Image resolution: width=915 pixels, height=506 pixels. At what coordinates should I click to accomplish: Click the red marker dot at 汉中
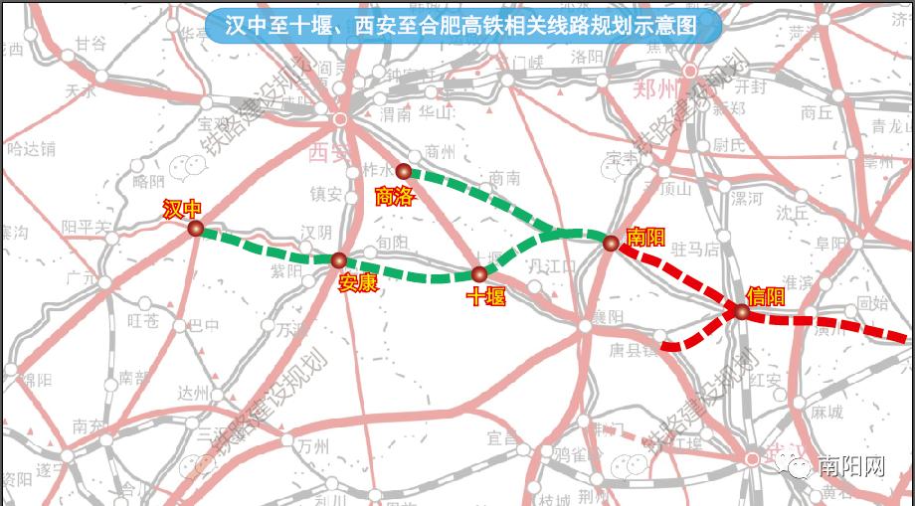(x=196, y=230)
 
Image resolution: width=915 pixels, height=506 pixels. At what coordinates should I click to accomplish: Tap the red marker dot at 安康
(x=338, y=260)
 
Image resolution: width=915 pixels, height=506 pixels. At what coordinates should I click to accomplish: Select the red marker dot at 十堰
(x=479, y=274)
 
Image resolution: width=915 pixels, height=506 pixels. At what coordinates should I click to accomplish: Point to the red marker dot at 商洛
(x=403, y=171)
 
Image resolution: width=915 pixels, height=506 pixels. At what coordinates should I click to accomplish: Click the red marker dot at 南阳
(x=611, y=242)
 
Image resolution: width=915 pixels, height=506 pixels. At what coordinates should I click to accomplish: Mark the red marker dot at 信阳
(x=742, y=312)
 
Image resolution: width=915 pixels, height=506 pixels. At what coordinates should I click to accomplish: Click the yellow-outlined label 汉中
(x=183, y=209)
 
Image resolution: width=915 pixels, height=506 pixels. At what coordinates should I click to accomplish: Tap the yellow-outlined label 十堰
(x=486, y=296)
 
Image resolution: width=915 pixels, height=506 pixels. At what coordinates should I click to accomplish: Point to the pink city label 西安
(x=327, y=152)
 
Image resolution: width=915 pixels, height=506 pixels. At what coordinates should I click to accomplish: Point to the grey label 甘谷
(x=90, y=43)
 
